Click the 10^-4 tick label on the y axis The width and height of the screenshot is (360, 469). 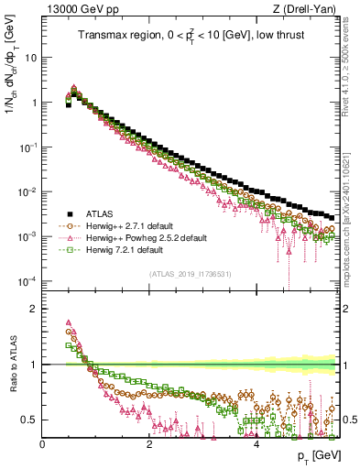click(x=27, y=280)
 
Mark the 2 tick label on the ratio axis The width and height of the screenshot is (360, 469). click(x=33, y=308)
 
